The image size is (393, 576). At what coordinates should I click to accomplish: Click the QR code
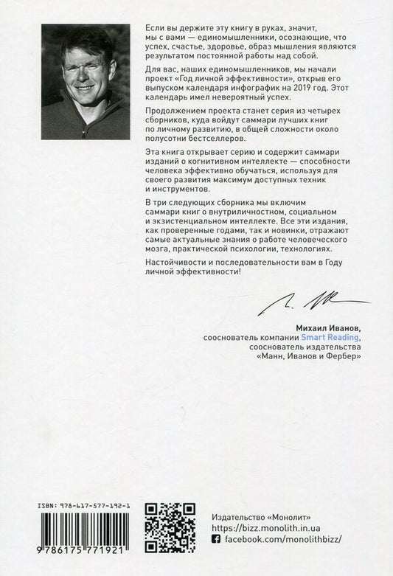[x=169, y=527]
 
